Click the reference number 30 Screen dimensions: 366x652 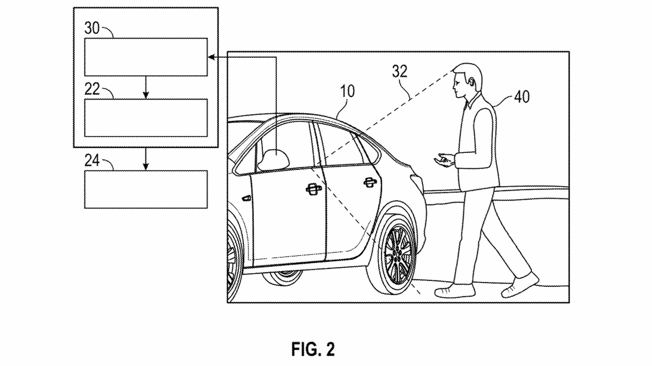coord(92,28)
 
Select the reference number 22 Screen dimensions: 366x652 coord(92,89)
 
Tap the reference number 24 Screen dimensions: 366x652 coord(92,161)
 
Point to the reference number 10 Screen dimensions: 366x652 coord(347,91)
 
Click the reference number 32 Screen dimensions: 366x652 coord(399,71)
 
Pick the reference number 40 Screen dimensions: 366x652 coord(522,97)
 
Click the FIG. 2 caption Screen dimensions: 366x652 coord(313,349)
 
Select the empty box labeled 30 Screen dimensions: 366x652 coord(145,57)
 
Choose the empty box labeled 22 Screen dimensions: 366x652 coord(145,118)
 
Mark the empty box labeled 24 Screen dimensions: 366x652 coord(145,189)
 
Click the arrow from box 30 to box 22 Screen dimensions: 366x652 coord(146,87)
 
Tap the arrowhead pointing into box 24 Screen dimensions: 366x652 coord(146,167)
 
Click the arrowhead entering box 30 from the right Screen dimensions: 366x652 coord(211,57)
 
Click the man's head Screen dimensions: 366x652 coord(467,79)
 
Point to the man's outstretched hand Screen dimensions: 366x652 coord(444,159)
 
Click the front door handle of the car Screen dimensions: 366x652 coord(313,188)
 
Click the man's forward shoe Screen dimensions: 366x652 coord(454,291)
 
